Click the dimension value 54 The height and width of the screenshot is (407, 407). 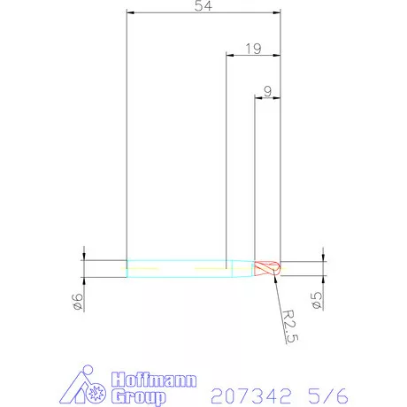(x=203, y=7)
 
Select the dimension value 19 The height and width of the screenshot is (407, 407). (x=253, y=50)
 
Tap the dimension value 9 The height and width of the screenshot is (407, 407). (x=267, y=91)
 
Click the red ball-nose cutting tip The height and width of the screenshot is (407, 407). (x=268, y=267)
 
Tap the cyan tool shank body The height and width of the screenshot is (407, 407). (x=177, y=267)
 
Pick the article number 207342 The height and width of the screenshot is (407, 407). (x=252, y=390)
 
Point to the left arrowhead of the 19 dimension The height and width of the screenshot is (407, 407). (x=230, y=57)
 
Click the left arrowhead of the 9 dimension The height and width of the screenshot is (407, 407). (x=258, y=98)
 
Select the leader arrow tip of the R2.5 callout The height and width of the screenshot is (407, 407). (x=275, y=278)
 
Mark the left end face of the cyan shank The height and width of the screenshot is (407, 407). (x=127, y=267)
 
